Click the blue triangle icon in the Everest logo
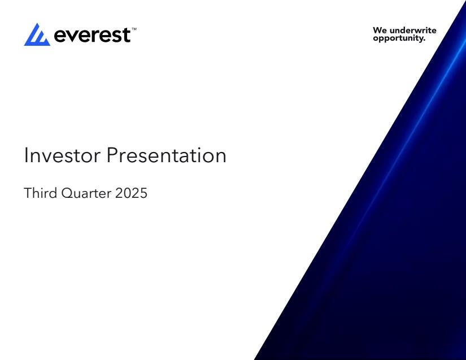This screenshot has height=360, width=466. [x=37, y=36]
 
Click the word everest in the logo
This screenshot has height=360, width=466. [x=93, y=35]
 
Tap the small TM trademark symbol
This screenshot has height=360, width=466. [x=134, y=29]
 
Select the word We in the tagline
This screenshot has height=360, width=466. [x=380, y=31]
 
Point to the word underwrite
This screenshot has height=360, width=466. [x=413, y=31]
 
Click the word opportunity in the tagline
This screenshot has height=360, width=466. [x=398, y=38]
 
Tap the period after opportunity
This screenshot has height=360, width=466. [x=424, y=40]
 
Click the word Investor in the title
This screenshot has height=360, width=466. [x=62, y=155]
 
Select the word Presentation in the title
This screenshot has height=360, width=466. [x=167, y=155]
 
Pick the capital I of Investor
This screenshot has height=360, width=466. [x=25, y=155]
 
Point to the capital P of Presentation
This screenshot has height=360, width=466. [x=112, y=155]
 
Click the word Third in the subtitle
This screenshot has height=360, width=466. [x=41, y=193]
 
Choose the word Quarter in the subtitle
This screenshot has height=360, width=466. [x=86, y=193]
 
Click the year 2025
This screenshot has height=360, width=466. [x=131, y=193]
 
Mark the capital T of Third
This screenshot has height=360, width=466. [x=28, y=193]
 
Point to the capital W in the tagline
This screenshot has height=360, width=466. [x=377, y=31]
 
